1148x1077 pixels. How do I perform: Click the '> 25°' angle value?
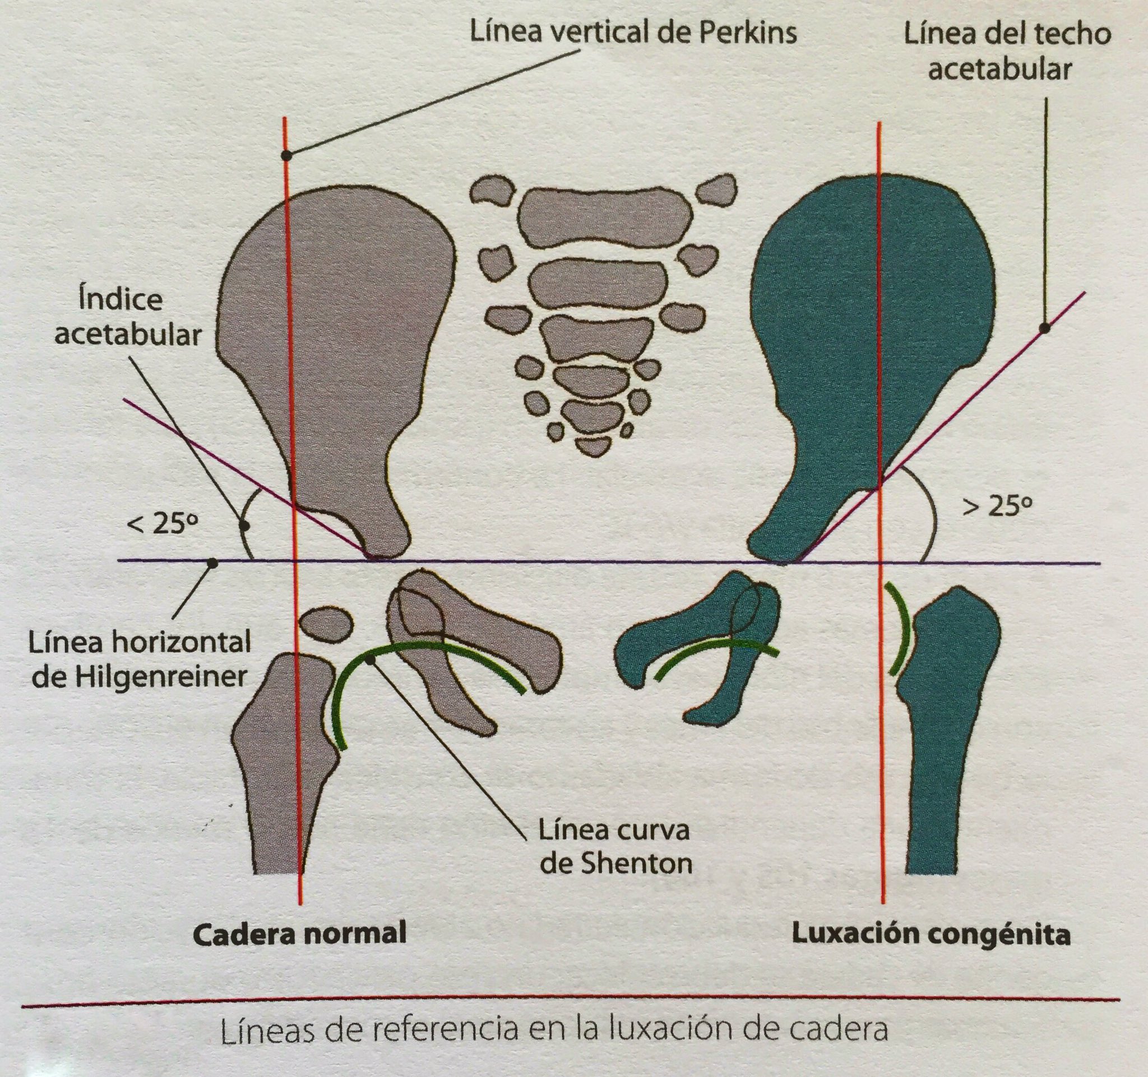997,507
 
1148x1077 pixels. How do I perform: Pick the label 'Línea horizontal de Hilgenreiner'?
140,659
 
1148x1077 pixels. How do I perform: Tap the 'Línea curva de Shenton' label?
615,847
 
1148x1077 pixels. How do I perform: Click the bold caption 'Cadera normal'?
299,934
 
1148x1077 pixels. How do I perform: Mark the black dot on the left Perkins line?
286,155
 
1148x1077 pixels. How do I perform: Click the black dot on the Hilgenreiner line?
212,562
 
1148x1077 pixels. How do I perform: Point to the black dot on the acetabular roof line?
1044,328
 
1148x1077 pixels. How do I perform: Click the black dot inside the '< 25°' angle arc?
244,526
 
